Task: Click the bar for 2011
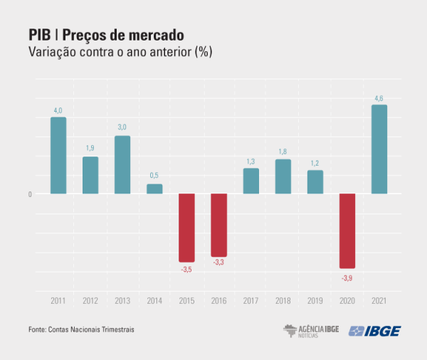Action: click(58, 155)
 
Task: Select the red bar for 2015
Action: click(186, 228)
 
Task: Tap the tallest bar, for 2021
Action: click(379, 149)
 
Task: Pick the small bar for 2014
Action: click(154, 189)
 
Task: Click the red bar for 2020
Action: click(347, 231)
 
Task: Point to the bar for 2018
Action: click(283, 176)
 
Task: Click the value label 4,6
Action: click(379, 98)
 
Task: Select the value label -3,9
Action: click(347, 277)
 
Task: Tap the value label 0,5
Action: click(154, 176)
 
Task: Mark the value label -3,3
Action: click(218, 263)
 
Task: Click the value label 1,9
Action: click(90, 148)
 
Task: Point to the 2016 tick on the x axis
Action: click(218, 302)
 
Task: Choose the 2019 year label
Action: click(315, 302)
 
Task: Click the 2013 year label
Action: click(122, 302)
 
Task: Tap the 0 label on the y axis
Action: click(30, 194)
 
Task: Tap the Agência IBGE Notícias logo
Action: click(311, 330)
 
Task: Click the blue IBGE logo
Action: click(374, 331)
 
